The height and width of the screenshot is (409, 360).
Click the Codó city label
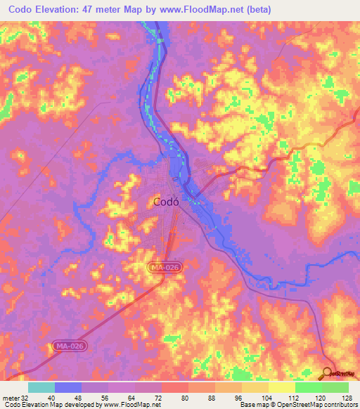point(166,202)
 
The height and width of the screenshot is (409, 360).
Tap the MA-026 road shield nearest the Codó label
point(160,268)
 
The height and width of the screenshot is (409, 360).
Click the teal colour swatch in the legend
point(41,387)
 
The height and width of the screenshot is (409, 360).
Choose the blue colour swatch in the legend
point(67,387)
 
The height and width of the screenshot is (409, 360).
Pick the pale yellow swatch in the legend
point(281,387)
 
